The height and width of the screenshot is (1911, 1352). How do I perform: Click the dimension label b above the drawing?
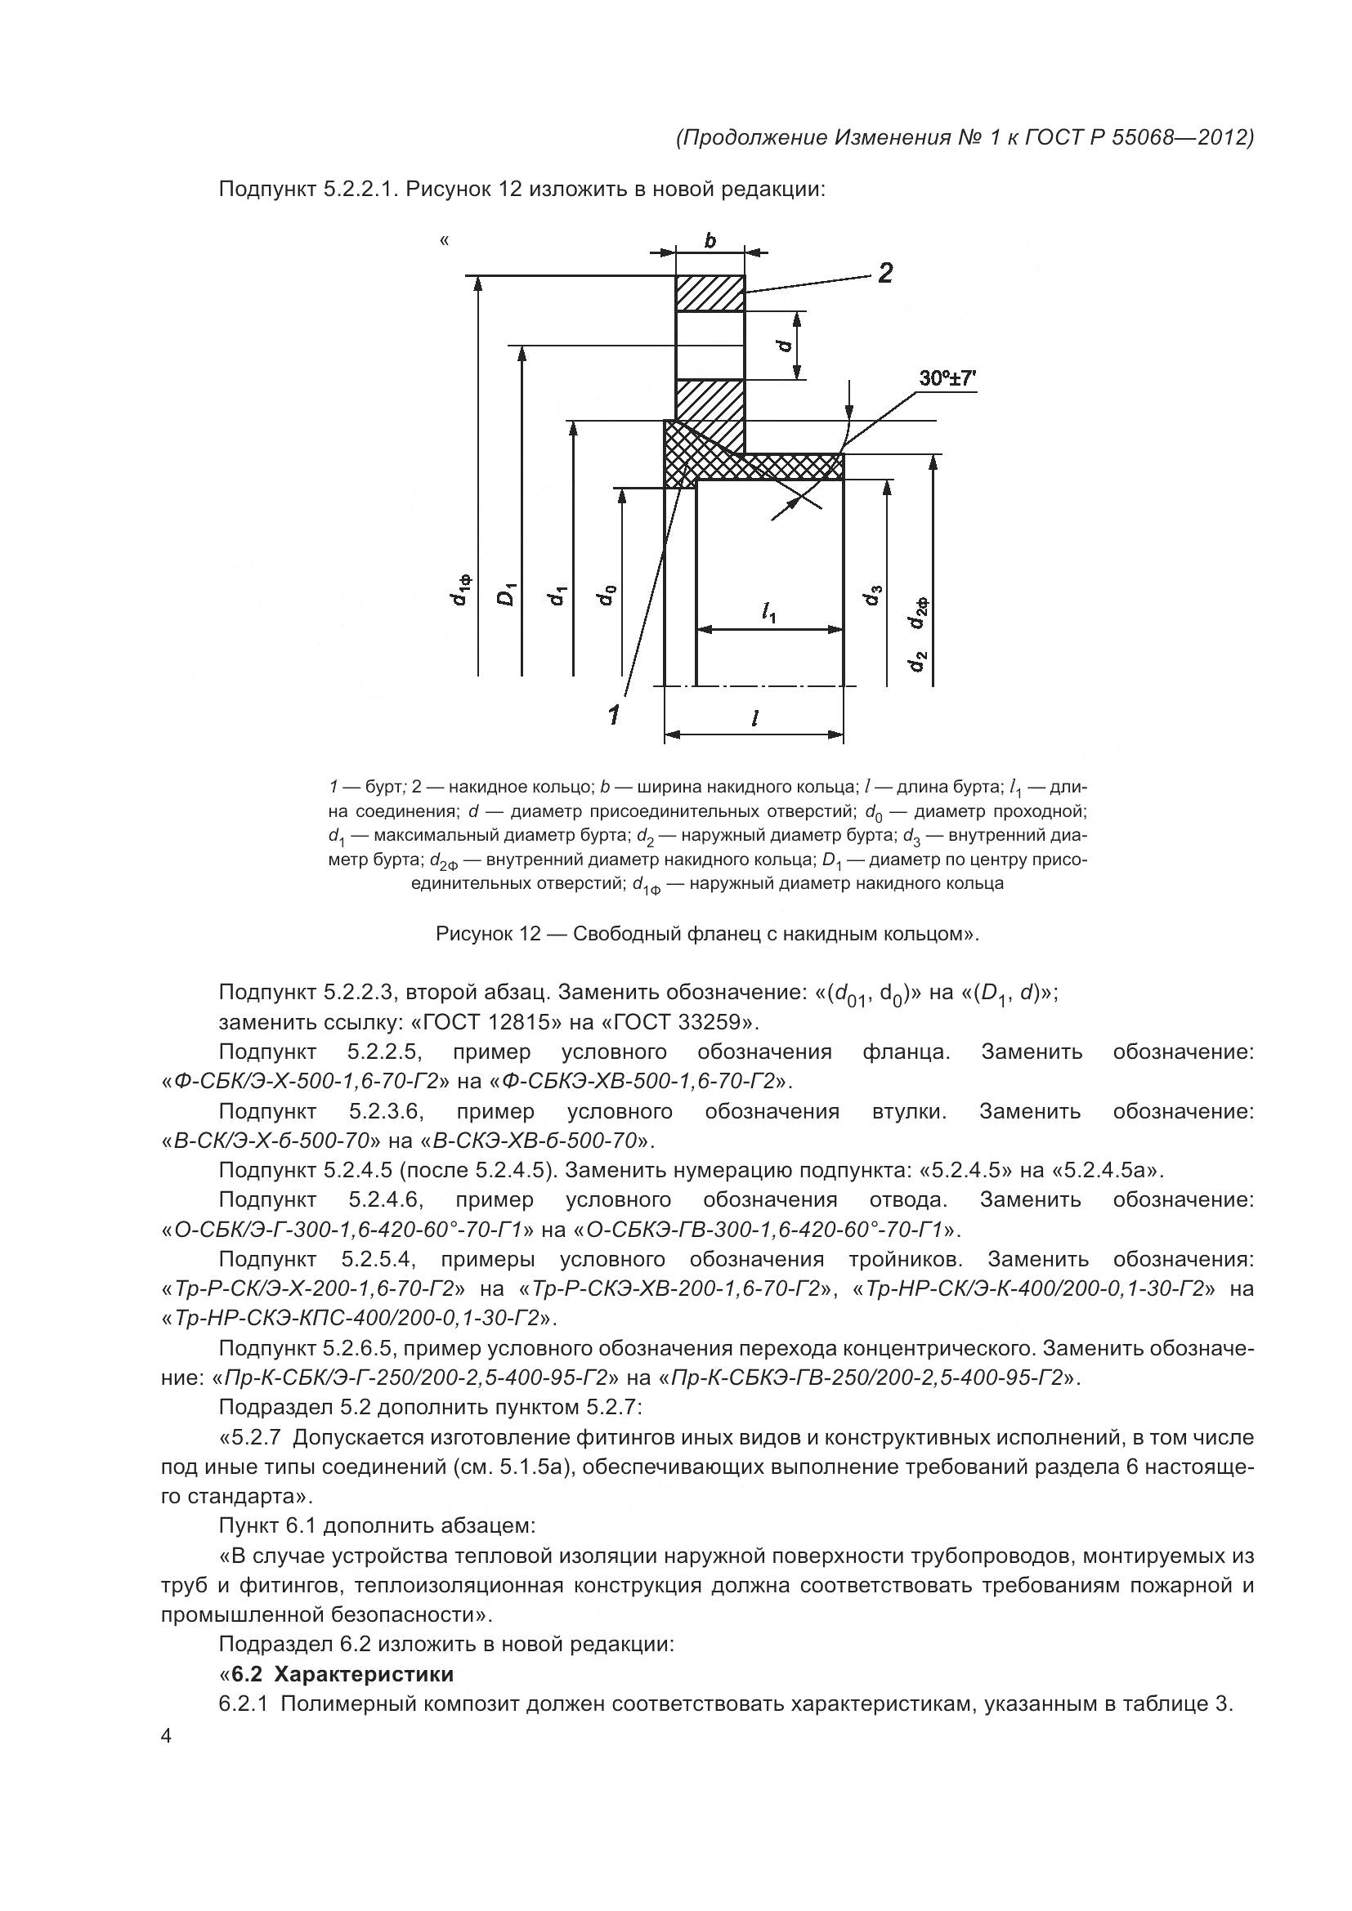pyautogui.click(x=710, y=240)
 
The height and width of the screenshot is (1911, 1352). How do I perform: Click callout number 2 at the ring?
pyautogui.click(x=885, y=273)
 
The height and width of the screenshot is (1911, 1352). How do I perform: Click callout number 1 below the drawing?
pyautogui.click(x=614, y=713)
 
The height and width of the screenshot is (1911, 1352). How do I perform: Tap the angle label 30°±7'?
pyautogui.click(x=947, y=379)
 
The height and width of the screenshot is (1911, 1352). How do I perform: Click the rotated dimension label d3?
pyautogui.click(x=873, y=595)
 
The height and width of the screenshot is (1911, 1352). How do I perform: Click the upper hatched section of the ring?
pyautogui.click(x=710, y=293)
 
